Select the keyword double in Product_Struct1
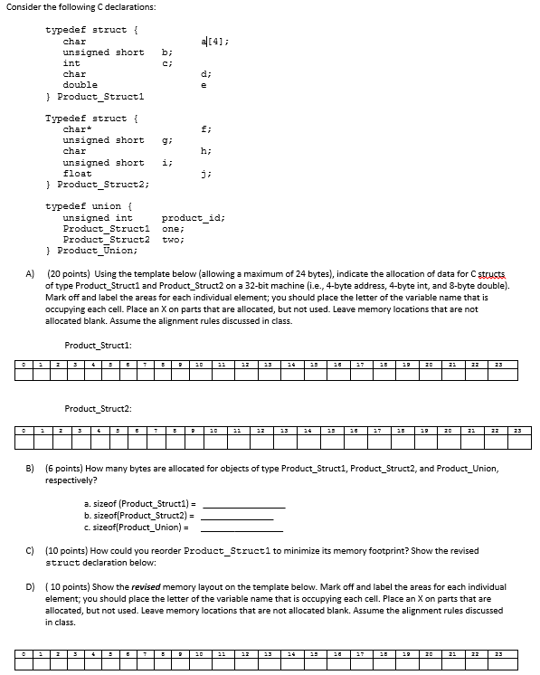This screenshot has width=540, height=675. click(x=81, y=85)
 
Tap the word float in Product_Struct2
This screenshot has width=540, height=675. click(x=78, y=174)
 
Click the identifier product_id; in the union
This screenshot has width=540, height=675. click(x=193, y=218)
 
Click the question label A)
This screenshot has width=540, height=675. click(x=31, y=274)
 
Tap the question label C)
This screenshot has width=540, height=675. click(x=31, y=550)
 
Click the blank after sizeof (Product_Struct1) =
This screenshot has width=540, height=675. click(x=242, y=504)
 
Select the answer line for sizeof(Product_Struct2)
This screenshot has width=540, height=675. click(x=237, y=516)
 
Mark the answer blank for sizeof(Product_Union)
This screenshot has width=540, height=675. click(x=242, y=528)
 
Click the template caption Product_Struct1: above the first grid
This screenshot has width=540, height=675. click(x=99, y=345)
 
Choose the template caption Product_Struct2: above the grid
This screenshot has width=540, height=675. click(x=99, y=410)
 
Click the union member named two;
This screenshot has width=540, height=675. click(x=173, y=240)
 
